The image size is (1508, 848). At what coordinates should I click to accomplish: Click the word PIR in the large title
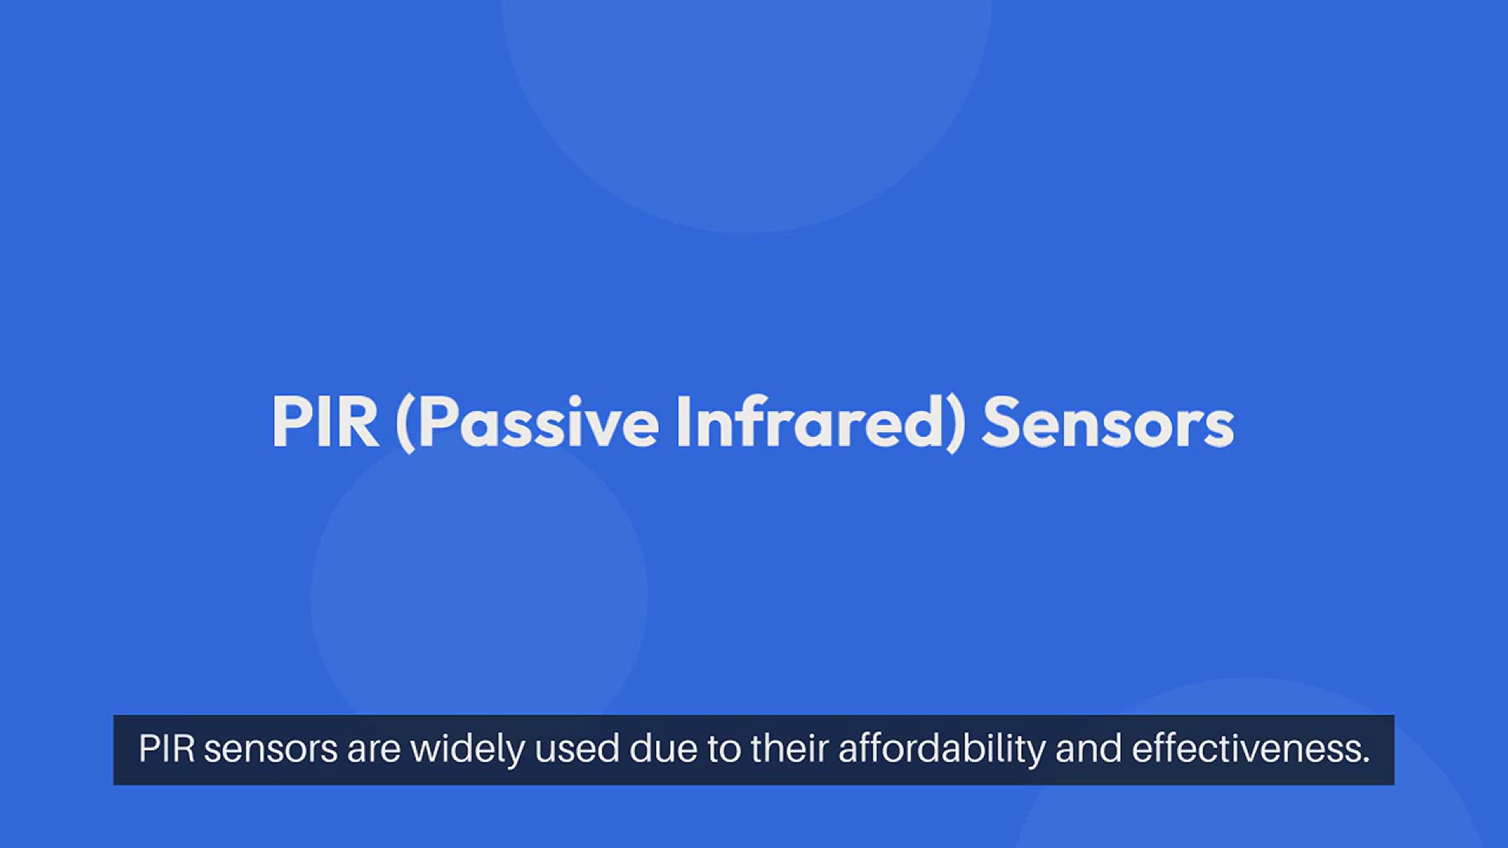pyautogui.click(x=325, y=422)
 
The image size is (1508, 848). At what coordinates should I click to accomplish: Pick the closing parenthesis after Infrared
pyautogui.click(x=953, y=424)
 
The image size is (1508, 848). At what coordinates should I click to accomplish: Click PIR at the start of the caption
pyautogui.click(x=167, y=748)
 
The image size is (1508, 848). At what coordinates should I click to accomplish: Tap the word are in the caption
pyautogui.click(x=374, y=751)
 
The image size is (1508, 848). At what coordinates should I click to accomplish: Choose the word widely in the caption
pyautogui.click(x=467, y=750)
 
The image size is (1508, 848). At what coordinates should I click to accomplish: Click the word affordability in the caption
pyautogui.click(x=942, y=750)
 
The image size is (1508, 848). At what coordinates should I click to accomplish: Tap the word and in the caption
pyautogui.click(x=1089, y=749)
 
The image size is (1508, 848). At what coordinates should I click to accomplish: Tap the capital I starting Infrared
pyautogui.click(x=683, y=422)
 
